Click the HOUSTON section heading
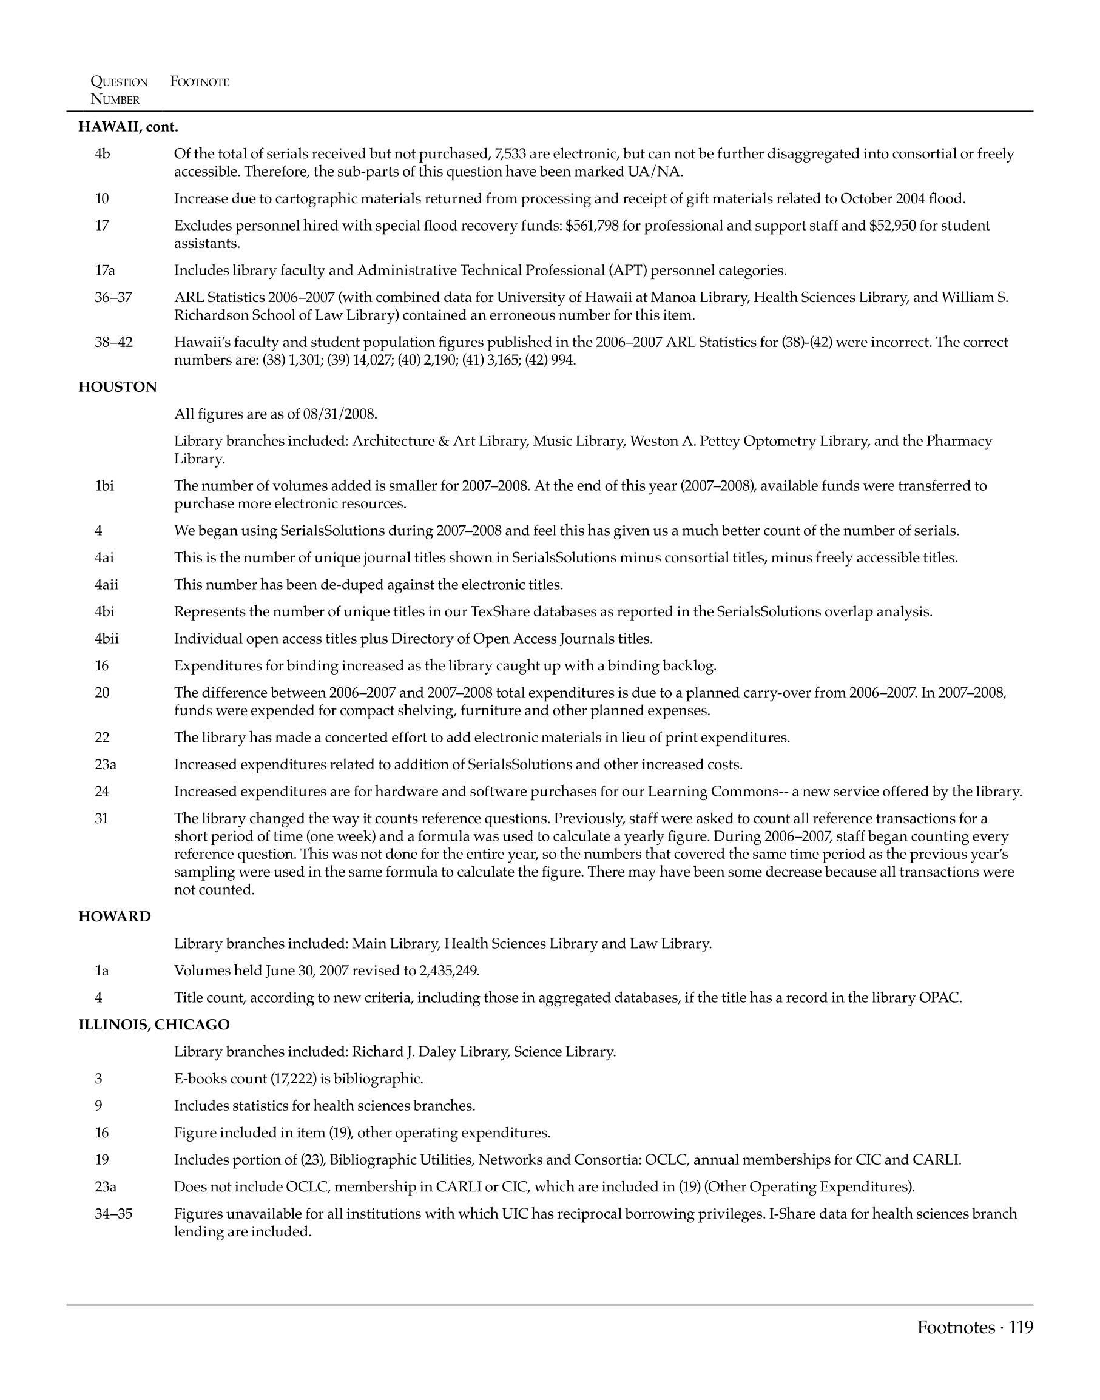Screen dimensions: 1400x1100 (x=117, y=387)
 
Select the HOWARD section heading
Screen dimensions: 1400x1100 (x=115, y=917)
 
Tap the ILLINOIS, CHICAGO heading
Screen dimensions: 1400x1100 (x=154, y=1025)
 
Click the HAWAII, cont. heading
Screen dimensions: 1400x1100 (x=128, y=127)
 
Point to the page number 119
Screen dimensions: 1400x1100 (x=1021, y=1327)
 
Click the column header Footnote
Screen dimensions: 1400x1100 (x=200, y=82)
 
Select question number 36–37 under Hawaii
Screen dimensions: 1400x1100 (x=113, y=297)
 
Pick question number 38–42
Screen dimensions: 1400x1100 (x=113, y=342)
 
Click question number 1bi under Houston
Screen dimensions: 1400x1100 (x=104, y=485)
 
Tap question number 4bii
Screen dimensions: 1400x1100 (x=107, y=639)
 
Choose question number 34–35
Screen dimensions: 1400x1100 (x=113, y=1214)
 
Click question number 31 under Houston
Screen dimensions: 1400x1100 (x=102, y=818)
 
